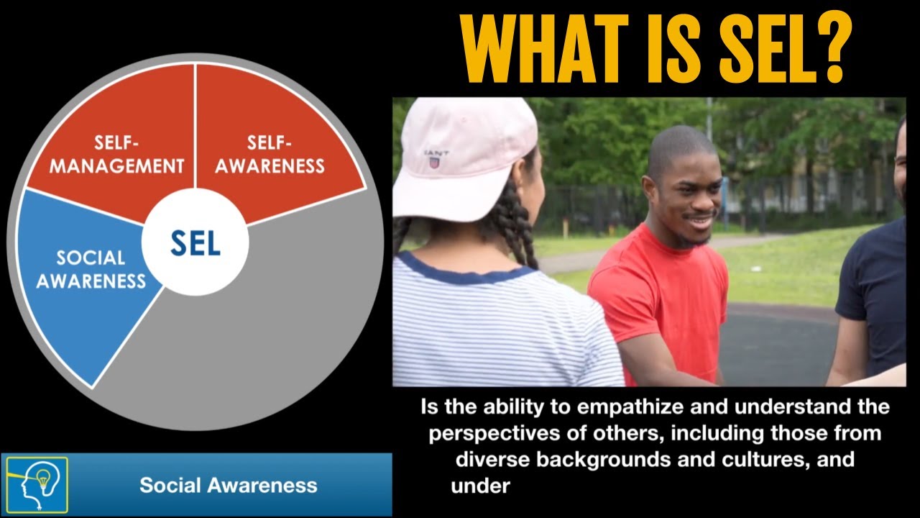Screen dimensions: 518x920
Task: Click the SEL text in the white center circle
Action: click(195, 244)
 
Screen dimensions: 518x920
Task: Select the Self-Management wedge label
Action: click(117, 155)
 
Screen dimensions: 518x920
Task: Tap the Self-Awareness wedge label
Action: click(270, 155)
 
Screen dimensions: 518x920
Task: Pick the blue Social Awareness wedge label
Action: click(91, 269)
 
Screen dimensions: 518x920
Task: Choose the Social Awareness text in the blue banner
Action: click(228, 485)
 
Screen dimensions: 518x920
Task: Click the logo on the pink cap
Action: click(434, 159)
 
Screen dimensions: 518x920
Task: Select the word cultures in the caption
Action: click(767, 459)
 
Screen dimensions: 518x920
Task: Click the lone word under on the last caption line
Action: click(480, 486)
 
